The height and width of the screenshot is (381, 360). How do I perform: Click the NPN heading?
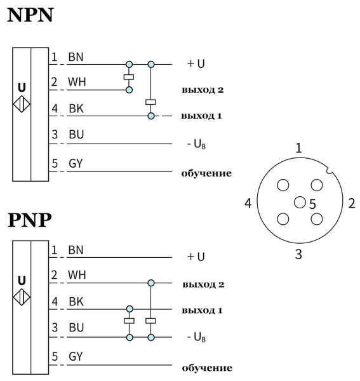pyautogui.click(x=30, y=15)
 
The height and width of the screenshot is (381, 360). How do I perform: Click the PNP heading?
pyautogui.click(x=30, y=220)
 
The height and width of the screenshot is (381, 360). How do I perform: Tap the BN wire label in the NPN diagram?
pyautogui.click(x=76, y=57)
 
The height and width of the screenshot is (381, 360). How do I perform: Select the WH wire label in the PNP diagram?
pyautogui.click(x=77, y=274)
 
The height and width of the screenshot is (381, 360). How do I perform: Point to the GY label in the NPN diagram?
pyautogui.click(x=76, y=163)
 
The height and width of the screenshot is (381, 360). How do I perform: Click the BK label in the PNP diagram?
pyautogui.click(x=76, y=302)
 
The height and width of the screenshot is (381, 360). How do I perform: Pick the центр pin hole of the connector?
pyautogui.click(x=300, y=203)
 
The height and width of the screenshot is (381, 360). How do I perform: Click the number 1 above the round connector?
pyautogui.click(x=298, y=148)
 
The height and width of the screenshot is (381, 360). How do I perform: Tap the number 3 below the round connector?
pyautogui.click(x=298, y=255)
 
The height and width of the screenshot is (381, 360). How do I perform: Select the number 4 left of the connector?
pyautogui.click(x=248, y=203)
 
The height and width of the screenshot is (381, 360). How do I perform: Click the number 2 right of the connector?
pyautogui.click(x=352, y=203)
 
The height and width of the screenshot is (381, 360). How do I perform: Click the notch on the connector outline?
pyautogui.click(x=330, y=170)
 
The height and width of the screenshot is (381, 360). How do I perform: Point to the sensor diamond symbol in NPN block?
pyautogui.click(x=22, y=104)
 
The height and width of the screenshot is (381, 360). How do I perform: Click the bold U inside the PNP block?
pyautogui.click(x=22, y=281)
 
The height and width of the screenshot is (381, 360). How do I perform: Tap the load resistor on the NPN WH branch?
pyautogui.click(x=129, y=77)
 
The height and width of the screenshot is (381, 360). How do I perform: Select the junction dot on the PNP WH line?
pyautogui.click(x=151, y=283)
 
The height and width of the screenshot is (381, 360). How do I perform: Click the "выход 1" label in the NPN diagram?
pyautogui.click(x=202, y=116)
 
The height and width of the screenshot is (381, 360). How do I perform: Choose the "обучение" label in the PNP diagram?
pyautogui.click(x=207, y=368)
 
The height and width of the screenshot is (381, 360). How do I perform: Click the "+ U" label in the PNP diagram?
pyautogui.click(x=196, y=257)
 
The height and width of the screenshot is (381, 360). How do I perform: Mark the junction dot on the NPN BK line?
pyautogui.click(x=151, y=116)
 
